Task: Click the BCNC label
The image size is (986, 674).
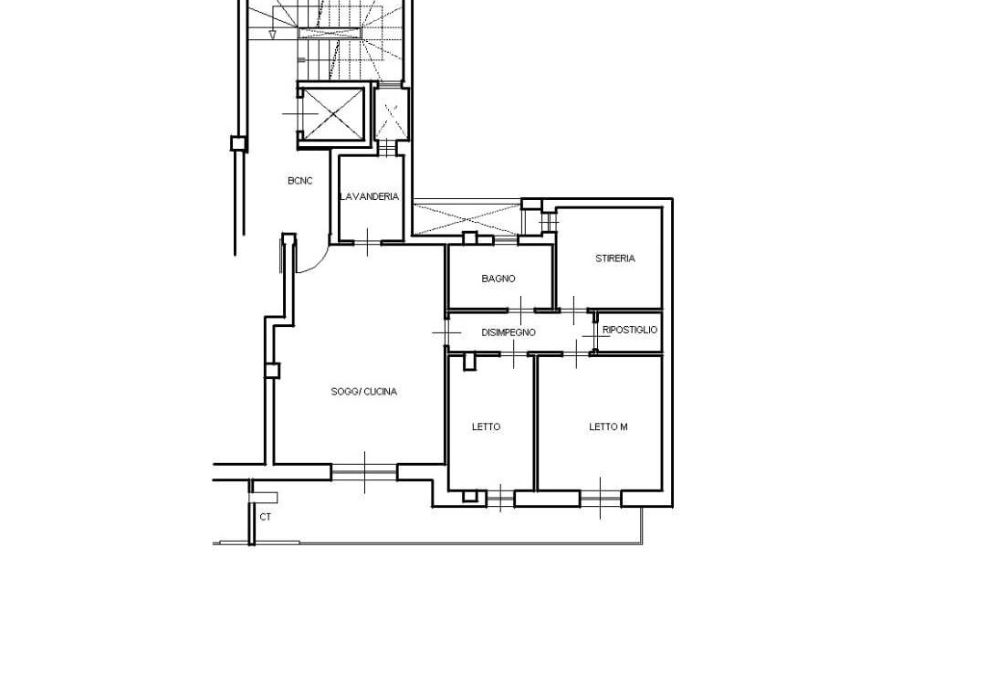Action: click(300, 181)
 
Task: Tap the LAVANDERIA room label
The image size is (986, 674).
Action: click(369, 196)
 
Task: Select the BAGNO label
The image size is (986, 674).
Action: click(498, 279)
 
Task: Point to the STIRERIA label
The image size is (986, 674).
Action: click(615, 258)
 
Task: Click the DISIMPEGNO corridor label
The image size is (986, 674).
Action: click(509, 332)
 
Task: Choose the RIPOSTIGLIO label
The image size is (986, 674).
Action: click(630, 330)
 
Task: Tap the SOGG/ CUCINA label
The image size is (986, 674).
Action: click(364, 392)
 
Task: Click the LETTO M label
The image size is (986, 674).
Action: click(608, 427)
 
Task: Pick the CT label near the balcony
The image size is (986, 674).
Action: click(266, 517)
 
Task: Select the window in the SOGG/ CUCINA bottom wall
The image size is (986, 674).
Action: click(364, 471)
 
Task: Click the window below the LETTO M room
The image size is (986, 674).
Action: click(601, 499)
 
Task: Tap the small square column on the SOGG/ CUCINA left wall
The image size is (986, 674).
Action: click(272, 370)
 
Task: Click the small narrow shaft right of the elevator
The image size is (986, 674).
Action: click(391, 114)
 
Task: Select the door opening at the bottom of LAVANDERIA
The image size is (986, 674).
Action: click(367, 242)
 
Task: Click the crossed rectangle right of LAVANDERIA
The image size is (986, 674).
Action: click(467, 218)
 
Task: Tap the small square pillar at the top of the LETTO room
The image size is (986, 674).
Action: click(469, 362)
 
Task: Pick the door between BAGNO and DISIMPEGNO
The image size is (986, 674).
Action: click(521, 310)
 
